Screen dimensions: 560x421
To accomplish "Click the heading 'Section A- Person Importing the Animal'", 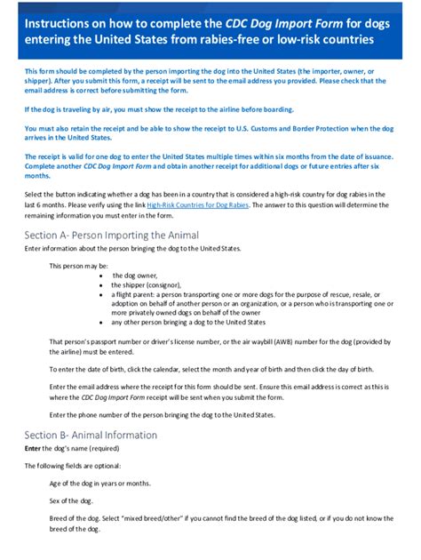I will (x=111, y=235).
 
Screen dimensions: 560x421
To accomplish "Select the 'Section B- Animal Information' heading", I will (x=91, y=435).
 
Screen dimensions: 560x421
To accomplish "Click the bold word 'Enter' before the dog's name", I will (x=33, y=449).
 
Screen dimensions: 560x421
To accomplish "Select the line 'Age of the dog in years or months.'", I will (x=99, y=484).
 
